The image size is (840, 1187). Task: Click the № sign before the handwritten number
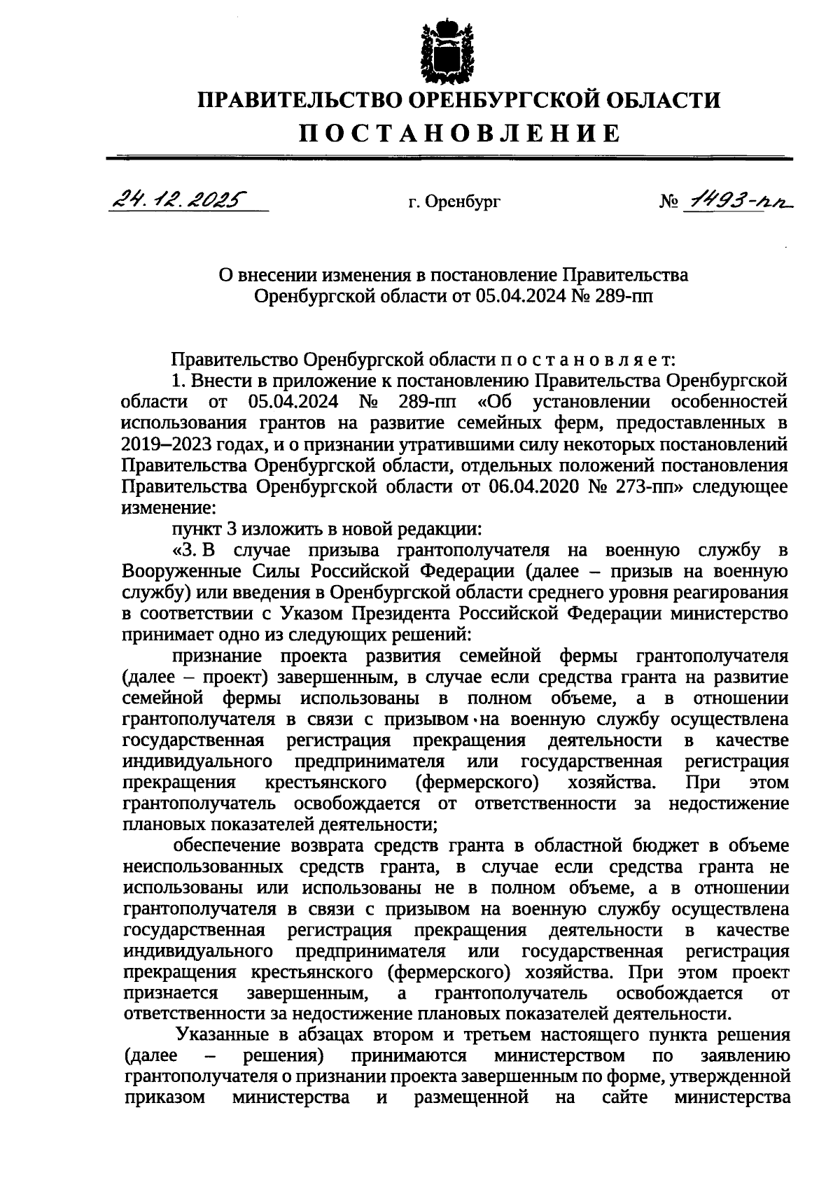point(666,202)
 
